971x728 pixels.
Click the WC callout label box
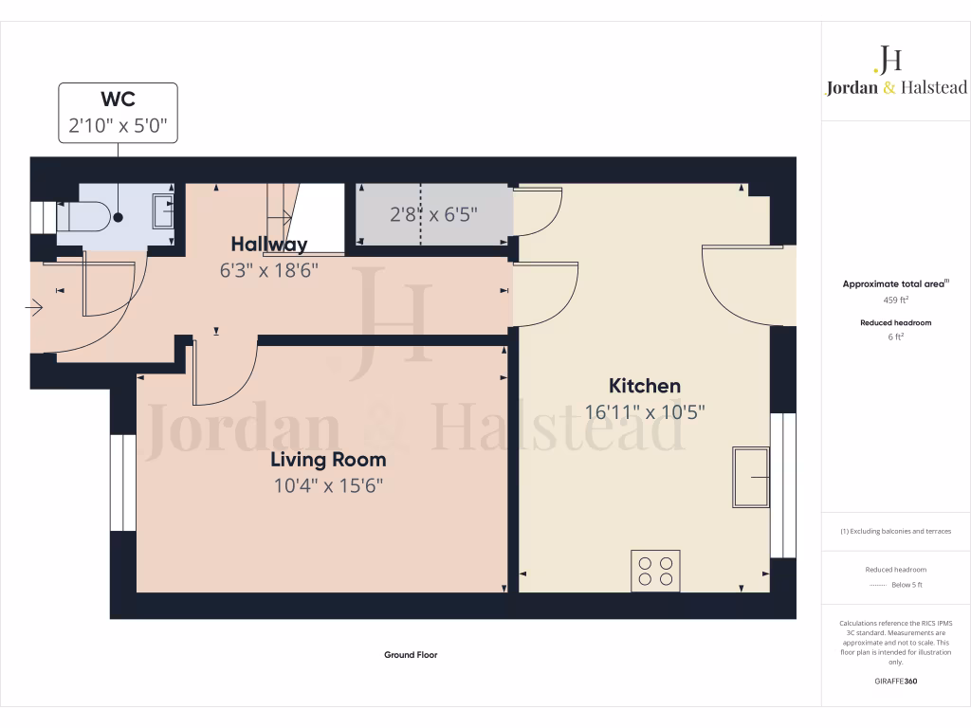(118, 113)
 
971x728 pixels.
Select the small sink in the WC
(162, 209)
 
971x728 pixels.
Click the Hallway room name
(269, 245)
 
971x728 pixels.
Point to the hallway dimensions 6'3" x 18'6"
(269, 270)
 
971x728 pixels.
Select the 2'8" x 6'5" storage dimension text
(433, 214)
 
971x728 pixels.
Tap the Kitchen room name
(645, 386)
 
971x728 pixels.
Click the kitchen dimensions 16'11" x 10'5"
(645, 412)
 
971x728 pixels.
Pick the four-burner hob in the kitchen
(655, 570)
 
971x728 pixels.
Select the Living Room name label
(328, 460)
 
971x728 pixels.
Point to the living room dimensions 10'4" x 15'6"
(328, 486)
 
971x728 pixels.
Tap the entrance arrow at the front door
(36, 306)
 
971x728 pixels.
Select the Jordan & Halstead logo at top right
(895, 71)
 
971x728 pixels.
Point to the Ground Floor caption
(411, 655)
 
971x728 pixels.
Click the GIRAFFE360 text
(895, 682)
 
